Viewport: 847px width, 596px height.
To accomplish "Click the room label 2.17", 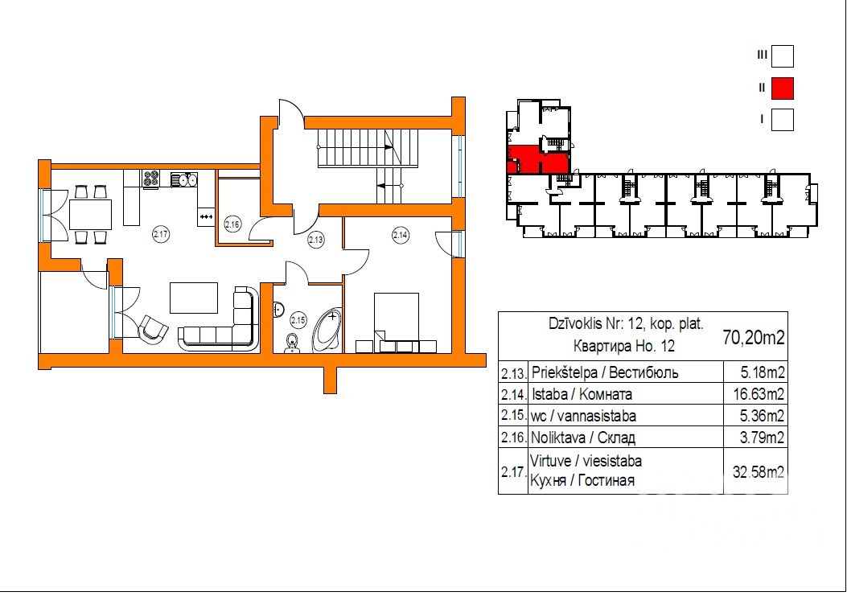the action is click(x=161, y=235).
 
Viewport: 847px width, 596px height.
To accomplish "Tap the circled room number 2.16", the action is click(x=232, y=224).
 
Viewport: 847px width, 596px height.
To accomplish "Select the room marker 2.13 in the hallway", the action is click(x=315, y=240).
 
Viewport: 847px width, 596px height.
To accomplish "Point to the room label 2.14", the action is click(x=401, y=235).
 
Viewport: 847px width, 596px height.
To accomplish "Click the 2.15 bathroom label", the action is click(x=298, y=320).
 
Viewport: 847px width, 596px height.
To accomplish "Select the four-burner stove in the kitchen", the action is click(x=150, y=179).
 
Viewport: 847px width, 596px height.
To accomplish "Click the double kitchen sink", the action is click(x=184, y=179).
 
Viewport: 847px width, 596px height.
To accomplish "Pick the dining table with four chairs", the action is click(x=90, y=214).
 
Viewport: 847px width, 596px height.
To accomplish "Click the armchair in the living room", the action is click(x=154, y=327).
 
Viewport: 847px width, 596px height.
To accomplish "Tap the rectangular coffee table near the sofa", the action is click(x=194, y=298).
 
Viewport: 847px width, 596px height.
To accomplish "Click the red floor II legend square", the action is click(x=782, y=88).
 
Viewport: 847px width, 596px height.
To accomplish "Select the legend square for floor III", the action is click(x=782, y=56).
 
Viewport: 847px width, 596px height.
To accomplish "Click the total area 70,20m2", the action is click(x=754, y=338).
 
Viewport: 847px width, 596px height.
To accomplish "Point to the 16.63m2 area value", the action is click(x=759, y=394).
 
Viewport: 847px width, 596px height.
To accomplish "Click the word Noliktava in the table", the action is click(x=558, y=437).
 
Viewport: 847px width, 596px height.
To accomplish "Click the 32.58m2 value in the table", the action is click(x=758, y=471).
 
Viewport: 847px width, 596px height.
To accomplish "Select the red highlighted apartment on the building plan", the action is click(x=537, y=159).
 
